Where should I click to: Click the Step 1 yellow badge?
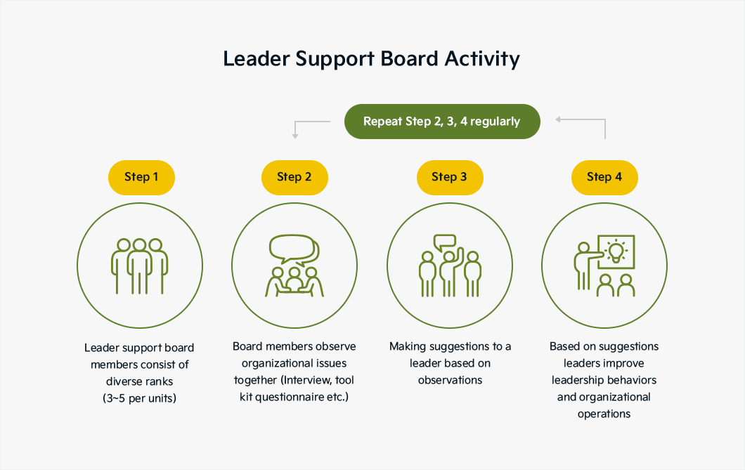[141, 177]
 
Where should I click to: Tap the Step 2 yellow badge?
[294, 177]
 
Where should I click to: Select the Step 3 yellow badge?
[450, 177]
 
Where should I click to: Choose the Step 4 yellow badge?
[604, 177]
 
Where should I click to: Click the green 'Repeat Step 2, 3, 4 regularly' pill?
[442, 122]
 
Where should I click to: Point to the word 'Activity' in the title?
[482, 60]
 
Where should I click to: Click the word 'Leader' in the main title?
[257, 59]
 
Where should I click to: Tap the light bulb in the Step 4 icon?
[616, 252]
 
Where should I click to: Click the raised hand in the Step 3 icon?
[459, 256]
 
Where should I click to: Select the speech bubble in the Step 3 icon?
[445, 242]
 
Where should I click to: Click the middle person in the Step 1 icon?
[139, 266]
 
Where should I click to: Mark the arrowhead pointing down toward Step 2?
[295, 136]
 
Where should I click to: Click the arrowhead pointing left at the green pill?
[559, 119]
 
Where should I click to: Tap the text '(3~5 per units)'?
[139, 398]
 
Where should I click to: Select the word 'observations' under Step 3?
[450, 380]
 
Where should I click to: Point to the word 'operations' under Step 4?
[604, 414]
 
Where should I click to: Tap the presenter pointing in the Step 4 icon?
[585, 266]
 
